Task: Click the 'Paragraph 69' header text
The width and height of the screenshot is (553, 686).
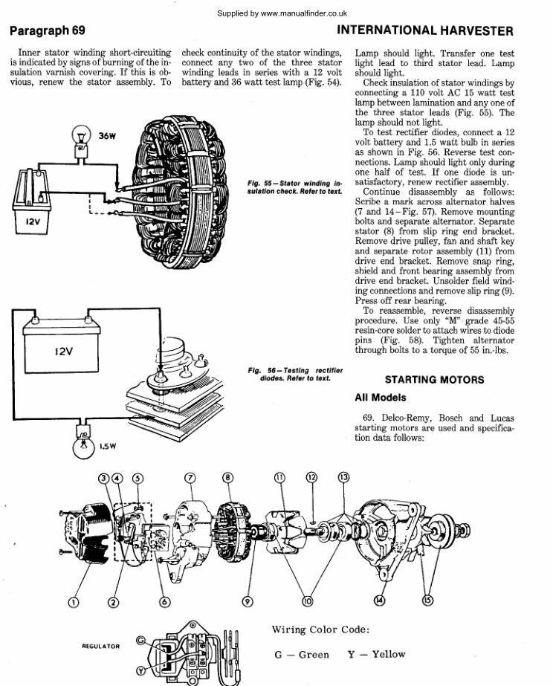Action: [x=48, y=31]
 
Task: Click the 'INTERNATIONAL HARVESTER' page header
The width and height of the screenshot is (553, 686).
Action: [x=424, y=31]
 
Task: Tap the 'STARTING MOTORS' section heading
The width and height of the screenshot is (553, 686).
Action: [x=434, y=380]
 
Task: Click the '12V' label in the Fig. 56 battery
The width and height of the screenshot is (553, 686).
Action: [x=64, y=352]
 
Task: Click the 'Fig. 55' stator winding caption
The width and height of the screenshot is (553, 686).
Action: [x=294, y=187]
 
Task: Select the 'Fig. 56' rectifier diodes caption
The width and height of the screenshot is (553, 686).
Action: [x=295, y=374]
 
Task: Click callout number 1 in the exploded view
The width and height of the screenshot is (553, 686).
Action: [x=73, y=601]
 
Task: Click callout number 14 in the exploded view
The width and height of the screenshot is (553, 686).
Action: [x=381, y=601]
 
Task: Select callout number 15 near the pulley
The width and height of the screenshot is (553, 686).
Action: [x=428, y=601]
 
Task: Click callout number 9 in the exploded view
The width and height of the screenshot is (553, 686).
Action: [x=248, y=601]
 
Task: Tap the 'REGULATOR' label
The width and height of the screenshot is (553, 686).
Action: [x=100, y=647]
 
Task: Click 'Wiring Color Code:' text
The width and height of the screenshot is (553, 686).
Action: [x=320, y=630]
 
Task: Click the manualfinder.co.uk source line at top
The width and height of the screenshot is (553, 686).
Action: [x=282, y=13]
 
